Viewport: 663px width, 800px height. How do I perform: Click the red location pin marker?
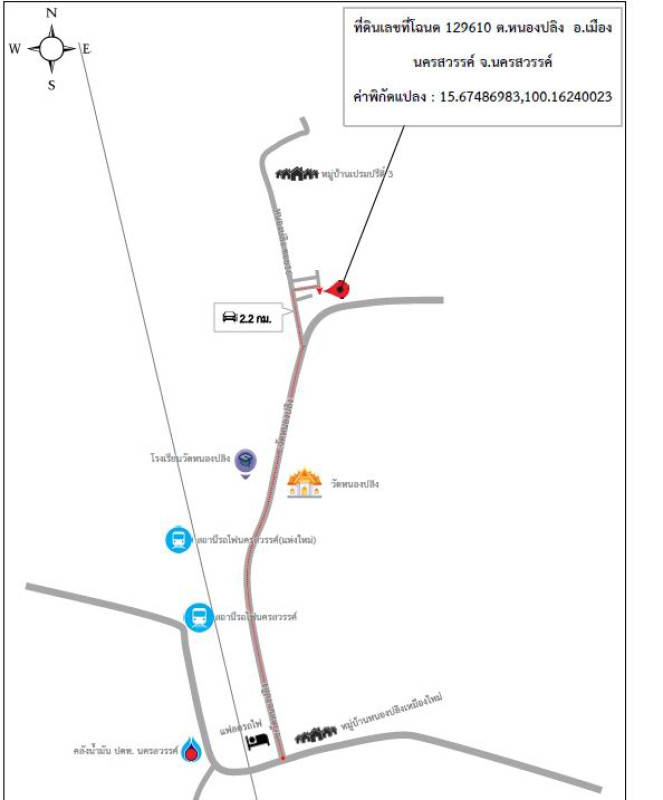[340, 289]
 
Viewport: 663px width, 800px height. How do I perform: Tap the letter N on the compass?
[52, 13]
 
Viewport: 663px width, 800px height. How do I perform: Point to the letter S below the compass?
[52, 85]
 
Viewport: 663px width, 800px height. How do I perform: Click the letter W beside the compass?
[15, 48]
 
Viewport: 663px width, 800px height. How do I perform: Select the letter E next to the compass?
[86, 48]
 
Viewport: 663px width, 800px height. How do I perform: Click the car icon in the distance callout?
[229, 318]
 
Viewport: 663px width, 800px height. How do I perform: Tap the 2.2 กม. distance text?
[256, 319]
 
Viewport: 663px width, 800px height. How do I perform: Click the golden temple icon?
[304, 484]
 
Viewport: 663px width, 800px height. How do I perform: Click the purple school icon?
[245, 461]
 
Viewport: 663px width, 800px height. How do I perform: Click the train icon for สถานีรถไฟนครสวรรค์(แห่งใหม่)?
[178, 540]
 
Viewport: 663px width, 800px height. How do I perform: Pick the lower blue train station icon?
[198, 617]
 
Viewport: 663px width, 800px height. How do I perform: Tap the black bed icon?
[259, 741]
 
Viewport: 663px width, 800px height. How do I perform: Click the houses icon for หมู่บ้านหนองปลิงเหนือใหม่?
[315, 733]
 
